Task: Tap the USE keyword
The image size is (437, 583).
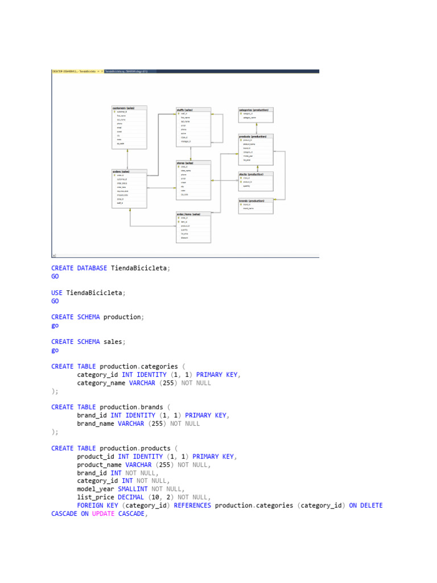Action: tap(57, 293)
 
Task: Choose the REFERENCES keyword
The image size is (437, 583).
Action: tap(192, 506)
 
